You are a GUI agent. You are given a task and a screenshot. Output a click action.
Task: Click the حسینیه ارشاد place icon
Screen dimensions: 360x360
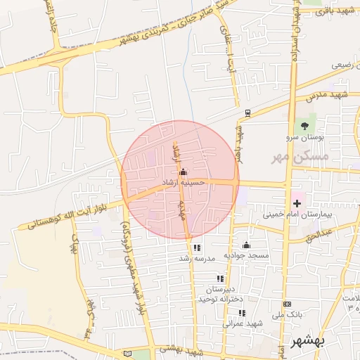pyautogui.click(x=184, y=172)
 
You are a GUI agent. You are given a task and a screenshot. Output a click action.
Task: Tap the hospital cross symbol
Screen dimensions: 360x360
pyautogui.click(x=297, y=202)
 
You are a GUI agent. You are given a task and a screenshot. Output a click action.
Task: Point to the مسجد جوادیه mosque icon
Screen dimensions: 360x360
pyautogui.click(x=246, y=245)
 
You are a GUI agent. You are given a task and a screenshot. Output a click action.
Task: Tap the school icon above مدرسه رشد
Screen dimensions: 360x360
pyautogui.click(x=196, y=247)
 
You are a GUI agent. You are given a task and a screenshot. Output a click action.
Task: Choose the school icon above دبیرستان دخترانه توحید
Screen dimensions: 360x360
pyautogui.click(x=221, y=278)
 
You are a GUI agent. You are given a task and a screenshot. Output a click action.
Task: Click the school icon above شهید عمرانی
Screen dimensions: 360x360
pyautogui.click(x=242, y=313)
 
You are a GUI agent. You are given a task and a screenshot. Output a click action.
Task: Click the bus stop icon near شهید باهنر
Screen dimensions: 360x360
pyautogui.click(x=247, y=112)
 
